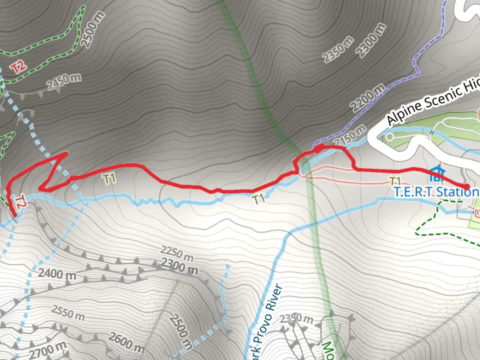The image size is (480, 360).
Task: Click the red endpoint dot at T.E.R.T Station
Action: pyautogui.click(x=467, y=187)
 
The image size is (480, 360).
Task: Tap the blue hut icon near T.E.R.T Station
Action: pyautogui.click(x=437, y=173)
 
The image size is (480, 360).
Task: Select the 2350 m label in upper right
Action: pyautogui.click(x=338, y=49)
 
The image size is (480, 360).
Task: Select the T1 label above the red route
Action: pyautogui.click(x=110, y=179)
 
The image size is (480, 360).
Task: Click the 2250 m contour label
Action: pyautogui.click(x=177, y=253)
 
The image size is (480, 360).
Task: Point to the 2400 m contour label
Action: pyautogui.click(x=57, y=274)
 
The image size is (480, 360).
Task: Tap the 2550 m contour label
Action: pyautogui.click(x=68, y=313)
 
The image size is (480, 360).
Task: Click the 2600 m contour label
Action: pyautogui.click(x=126, y=342)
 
